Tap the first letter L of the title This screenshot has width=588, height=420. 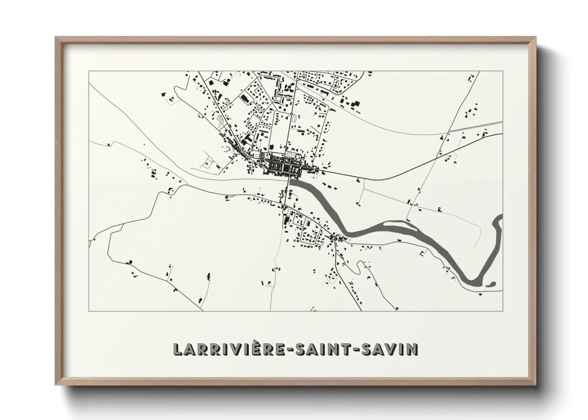coord(177,349)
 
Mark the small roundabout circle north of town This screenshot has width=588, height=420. coord(291,114)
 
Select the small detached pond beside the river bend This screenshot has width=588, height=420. coord(491,284)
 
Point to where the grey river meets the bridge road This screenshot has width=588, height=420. coord(291,182)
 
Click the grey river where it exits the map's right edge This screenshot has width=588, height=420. coord(501,217)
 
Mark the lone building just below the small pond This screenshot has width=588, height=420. coord(481,294)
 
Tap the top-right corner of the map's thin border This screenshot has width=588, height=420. coord(503,71)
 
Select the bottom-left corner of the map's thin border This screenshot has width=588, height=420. coord(89,311)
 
